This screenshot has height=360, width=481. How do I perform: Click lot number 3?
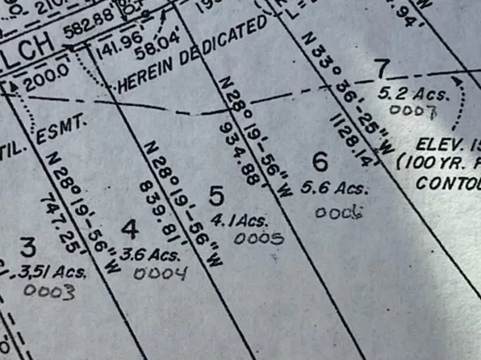(28, 246)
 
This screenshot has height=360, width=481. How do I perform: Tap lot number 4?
(130, 228)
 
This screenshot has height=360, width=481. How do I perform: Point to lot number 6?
(320, 162)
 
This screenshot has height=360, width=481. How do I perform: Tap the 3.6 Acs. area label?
(149, 254)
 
